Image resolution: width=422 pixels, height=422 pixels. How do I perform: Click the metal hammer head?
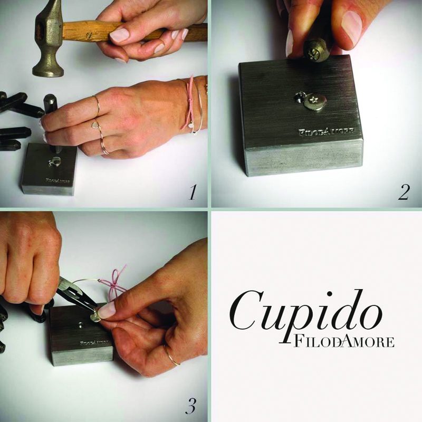click(48, 41)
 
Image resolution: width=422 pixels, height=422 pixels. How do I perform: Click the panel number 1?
click(192, 192)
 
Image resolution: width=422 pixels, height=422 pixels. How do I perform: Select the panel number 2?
click(404, 192)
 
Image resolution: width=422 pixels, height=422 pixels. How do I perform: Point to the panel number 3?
click(190, 406)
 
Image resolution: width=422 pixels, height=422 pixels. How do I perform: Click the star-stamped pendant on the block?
click(315, 101)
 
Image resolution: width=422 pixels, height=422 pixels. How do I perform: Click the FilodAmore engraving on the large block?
click(326, 131)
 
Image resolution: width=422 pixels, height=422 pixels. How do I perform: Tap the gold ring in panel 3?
click(172, 356)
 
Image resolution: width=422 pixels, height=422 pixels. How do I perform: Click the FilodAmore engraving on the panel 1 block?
click(57, 180)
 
